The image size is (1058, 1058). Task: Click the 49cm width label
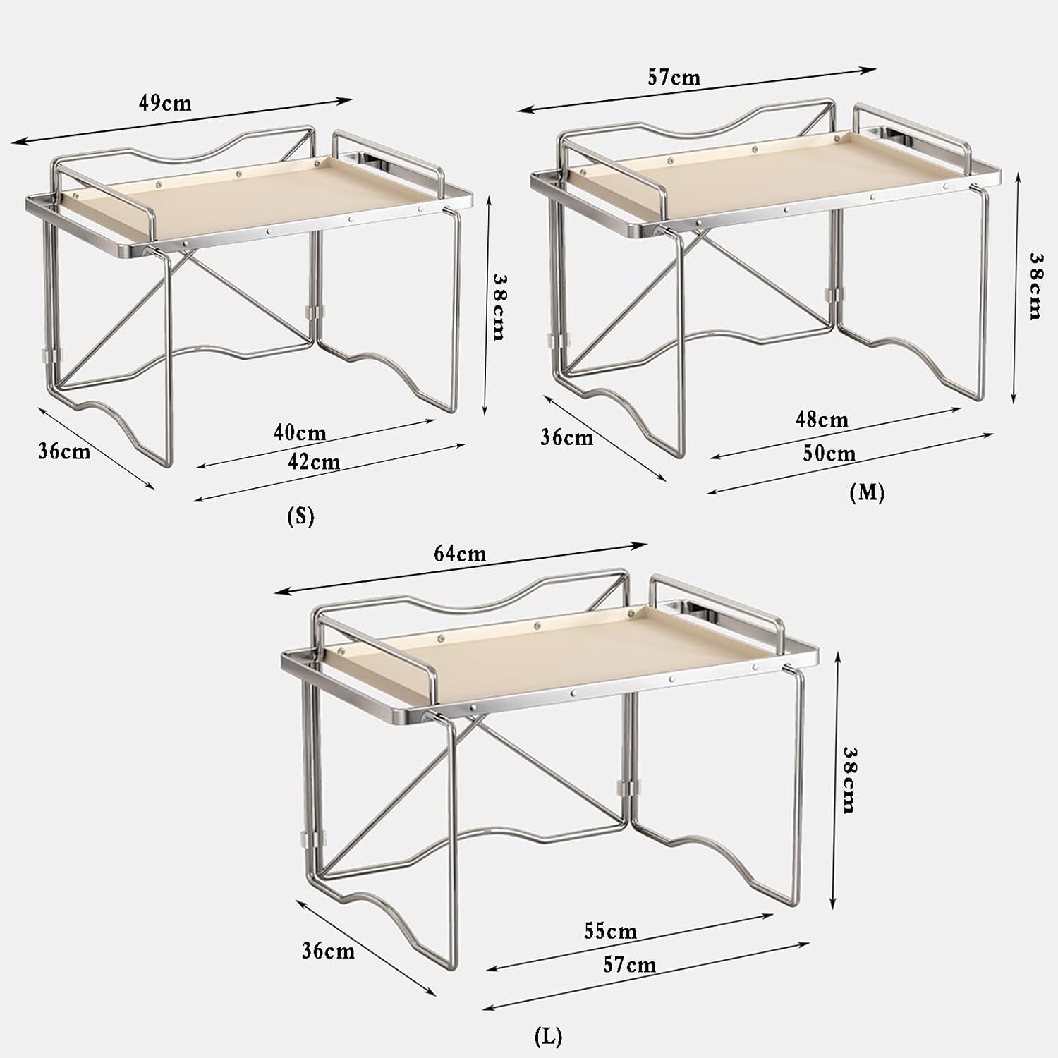[x=165, y=103]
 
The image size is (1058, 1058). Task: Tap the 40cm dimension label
[x=300, y=432]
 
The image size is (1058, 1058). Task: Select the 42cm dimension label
[x=314, y=463]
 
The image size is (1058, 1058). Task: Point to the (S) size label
[x=300, y=517]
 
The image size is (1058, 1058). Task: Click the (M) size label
[x=867, y=492]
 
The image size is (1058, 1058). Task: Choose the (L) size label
[x=548, y=1036]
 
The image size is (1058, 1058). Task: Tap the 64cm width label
[x=460, y=554]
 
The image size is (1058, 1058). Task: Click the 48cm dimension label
[x=822, y=420]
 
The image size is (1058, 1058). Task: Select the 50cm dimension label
[x=829, y=454]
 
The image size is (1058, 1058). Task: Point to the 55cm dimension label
[x=610, y=932]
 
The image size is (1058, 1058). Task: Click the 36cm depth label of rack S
[x=64, y=451]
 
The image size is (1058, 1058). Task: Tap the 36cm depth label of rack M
[x=567, y=437]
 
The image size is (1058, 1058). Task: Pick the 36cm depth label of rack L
[x=328, y=951]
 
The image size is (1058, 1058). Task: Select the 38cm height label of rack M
[x=1034, y=286]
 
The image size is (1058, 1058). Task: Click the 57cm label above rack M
[x=674, y=77]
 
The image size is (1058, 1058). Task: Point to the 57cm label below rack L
[x=629, y=965]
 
